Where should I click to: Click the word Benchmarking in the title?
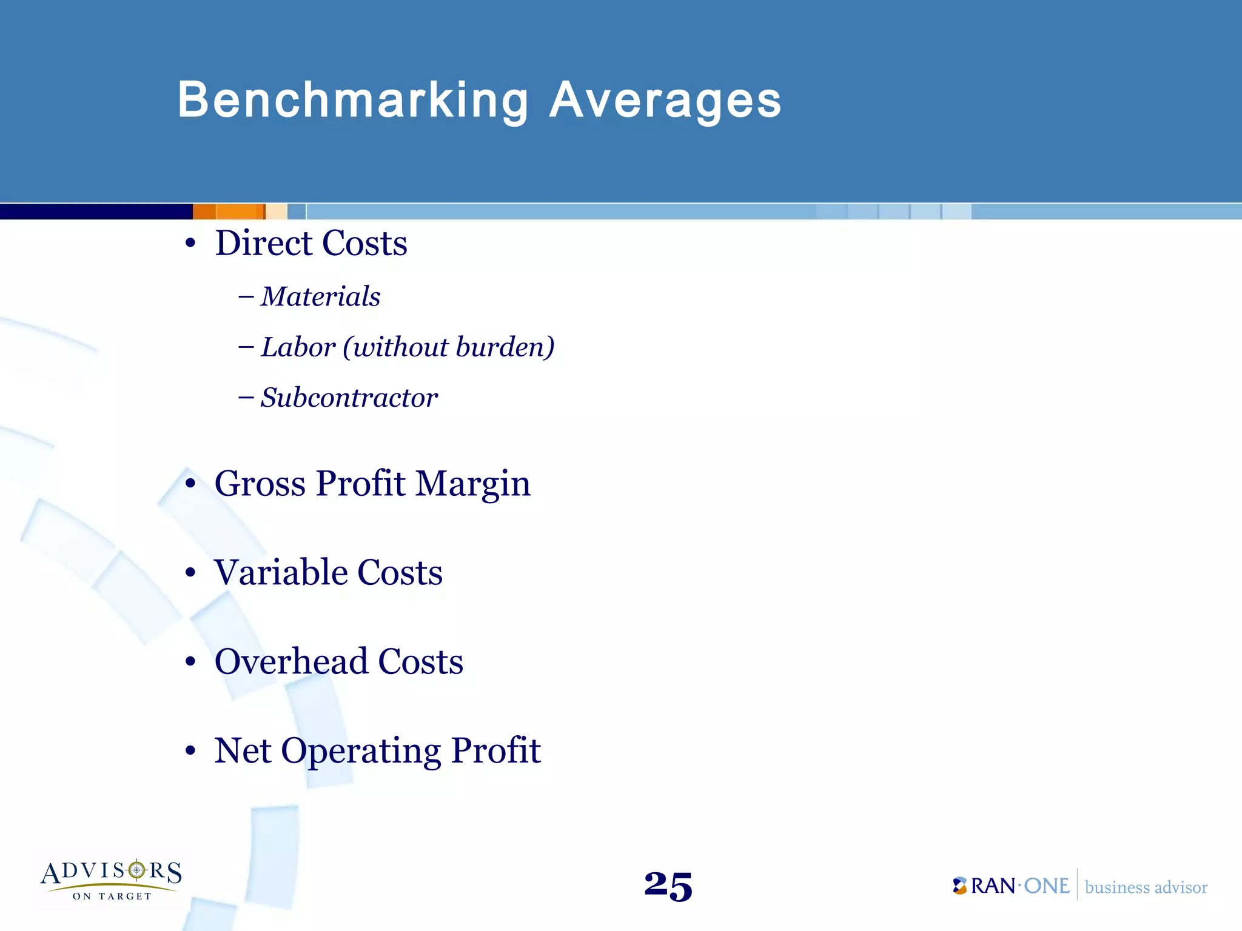[353, 101]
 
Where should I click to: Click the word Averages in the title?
[665, 101]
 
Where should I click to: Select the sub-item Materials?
[320, 297]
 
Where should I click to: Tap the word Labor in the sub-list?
[298, 347]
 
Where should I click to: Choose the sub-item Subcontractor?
[349, 398]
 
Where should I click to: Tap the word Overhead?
[290, 661]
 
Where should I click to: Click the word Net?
[243, 750]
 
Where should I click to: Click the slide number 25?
[668, 886]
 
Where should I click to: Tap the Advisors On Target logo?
[112, 879]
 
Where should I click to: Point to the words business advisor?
[1146, 887]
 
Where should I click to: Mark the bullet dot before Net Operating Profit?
[190, 752]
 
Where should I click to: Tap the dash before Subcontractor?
[246, 398]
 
